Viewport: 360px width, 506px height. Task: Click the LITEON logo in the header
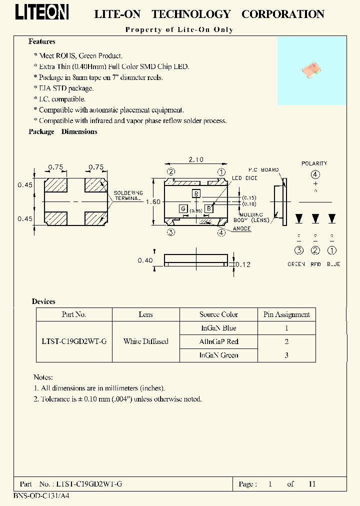(x=41, y=13)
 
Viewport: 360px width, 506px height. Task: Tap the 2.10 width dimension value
(x=195, y=159)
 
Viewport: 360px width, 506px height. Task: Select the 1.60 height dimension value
(x=153, y=201)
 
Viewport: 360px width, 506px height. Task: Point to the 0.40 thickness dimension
(x=145, y=260)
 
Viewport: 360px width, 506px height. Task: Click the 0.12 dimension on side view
(x=243, y=264)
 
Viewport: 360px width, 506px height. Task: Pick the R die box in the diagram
(x=196, y=193)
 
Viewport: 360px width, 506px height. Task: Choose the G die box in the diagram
(x=183, y=208)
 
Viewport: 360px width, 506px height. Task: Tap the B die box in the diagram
(x=209, y=208)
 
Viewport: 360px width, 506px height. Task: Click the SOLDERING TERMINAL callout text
(x=128, y=195)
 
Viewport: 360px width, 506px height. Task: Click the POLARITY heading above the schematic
(x=314, y=163)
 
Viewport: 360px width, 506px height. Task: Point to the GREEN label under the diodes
(x=296, y=264)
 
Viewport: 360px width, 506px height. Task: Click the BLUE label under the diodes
(x=333, y=264)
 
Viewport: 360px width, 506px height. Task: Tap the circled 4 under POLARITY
(x=315, y=174)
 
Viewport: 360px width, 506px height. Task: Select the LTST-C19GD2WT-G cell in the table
(x=74, y=341)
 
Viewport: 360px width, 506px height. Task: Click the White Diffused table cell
(x=145, y=341)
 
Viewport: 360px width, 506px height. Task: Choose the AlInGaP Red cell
(x=219, y=341)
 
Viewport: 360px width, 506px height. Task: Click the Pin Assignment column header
(x=286, y=314)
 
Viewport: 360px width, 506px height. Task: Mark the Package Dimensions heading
(x=63, y=131)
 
